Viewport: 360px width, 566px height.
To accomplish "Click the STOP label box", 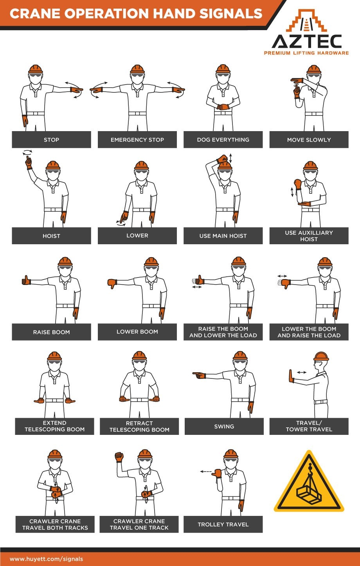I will pyautogui.click(x=51, y=140).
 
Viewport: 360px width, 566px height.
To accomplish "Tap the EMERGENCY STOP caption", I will pyautogui.click(x=137, y=140).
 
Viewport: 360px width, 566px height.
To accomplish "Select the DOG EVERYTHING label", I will pyautogui.click(x=223, y=140).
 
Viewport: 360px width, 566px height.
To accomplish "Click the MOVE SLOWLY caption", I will pyautogui.click(x=309, y=140).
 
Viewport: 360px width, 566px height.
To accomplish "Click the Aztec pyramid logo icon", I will pyautogui.click(x=306, y=22).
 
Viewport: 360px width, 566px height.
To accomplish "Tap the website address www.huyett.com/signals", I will pyautogui.click(x=46, y=559).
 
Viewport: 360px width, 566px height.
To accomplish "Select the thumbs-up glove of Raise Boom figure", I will pyautogui.click(x=26, y=280).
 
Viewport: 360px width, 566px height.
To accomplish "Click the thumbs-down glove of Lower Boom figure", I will pyautogui.click(x=112, y=283).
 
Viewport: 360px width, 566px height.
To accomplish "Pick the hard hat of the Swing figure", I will pyautogui.click(x=240, y=355).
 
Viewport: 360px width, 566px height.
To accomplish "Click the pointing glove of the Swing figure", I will pyautogui.click(x=200, y=375).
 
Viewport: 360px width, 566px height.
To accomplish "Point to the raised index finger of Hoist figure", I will pyautogui.click(x=29, y=161).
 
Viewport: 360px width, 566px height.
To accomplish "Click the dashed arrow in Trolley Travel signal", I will pyautogui.click(x=205, y=472).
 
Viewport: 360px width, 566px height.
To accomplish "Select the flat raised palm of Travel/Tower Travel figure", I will pyautogui.click(x=291, y=376).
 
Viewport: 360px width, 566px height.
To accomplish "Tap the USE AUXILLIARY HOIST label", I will pyautogui.click(x=309, y=236).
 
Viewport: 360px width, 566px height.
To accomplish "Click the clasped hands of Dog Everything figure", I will pyautogui.click(x=223, y=106).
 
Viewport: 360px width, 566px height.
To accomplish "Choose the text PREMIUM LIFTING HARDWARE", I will pyautogui.click(x=306, y=53).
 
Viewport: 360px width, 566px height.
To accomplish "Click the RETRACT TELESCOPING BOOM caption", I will pyautogui.click(x=139, y=426).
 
